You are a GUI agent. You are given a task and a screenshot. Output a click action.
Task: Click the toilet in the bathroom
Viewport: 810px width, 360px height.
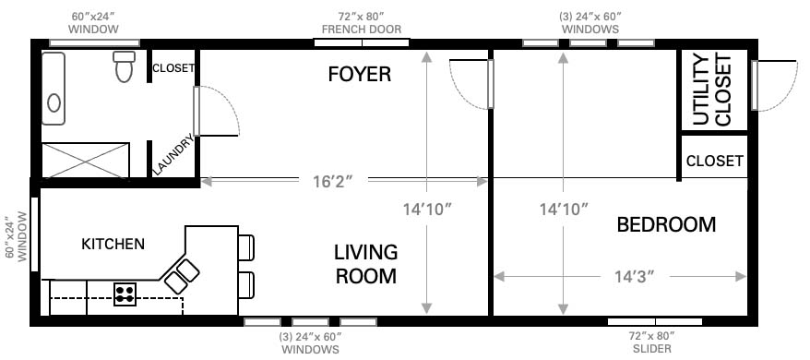[125, 66]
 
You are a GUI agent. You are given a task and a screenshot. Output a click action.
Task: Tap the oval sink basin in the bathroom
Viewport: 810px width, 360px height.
[54, 103]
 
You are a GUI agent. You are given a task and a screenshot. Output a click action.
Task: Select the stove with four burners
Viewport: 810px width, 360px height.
[125, 294]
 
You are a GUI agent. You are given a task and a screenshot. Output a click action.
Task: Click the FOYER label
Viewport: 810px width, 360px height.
[360, 75]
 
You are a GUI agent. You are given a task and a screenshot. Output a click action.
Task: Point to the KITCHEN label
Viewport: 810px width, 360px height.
[113, 244]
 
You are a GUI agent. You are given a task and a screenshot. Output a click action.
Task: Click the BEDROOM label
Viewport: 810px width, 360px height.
[666, 225]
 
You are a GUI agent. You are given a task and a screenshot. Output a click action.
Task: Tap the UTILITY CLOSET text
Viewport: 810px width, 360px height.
[712, 90]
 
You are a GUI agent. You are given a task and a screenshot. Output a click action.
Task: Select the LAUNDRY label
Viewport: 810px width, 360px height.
[173, 154]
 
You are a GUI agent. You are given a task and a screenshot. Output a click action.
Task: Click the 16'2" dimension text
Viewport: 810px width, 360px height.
[333, 182]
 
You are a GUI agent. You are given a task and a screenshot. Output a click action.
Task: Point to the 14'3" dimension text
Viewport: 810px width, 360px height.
[635, 277]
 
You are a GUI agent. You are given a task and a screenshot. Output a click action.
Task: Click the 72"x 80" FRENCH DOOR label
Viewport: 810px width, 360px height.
[362, 23]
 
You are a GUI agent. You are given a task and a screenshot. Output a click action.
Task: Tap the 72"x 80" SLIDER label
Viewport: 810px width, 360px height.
[652, 342]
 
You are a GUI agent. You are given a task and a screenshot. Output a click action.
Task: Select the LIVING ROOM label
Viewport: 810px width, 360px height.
[365, 264]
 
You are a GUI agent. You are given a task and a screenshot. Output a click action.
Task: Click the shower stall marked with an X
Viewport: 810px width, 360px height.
[85, 161]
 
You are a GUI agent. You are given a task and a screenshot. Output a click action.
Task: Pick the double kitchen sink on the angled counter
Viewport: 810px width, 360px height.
[183, 277]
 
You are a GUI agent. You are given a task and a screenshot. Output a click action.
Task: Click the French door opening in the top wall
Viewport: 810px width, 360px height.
[363, 43]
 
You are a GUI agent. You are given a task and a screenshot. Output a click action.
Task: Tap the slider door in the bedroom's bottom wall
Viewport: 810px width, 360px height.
[654, 322]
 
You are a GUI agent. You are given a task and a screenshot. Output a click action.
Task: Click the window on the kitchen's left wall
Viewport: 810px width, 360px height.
[35, 234]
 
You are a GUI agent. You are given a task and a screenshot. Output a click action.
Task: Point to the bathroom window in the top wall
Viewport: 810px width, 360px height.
[94, 43]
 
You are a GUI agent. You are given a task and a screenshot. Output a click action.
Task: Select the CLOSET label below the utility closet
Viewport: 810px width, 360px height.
[714, 161]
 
